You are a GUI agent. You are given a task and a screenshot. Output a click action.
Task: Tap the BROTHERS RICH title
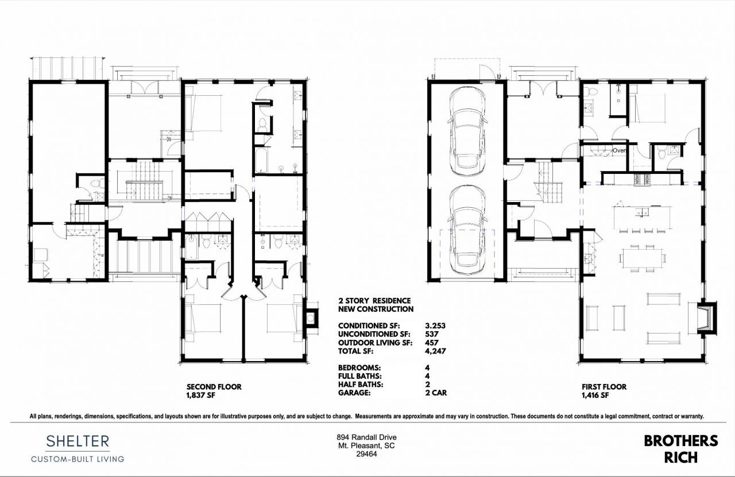click(x=680, y=449)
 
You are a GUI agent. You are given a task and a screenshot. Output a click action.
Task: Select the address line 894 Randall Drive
click(x=367, y=437)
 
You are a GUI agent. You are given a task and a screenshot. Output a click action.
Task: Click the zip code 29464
click(x=367, y=454)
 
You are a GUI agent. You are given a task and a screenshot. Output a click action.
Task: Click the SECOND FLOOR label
click(x=214, y=387)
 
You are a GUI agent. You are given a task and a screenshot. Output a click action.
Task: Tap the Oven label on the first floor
click(x=619, y=150)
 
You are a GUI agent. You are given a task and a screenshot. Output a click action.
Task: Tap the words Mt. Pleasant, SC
click(x=367, y=445)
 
